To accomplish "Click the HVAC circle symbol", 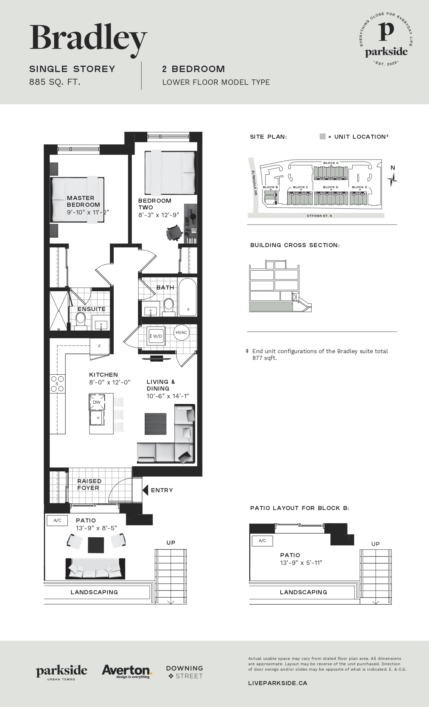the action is point(181,333).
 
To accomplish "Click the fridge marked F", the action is point(100,346).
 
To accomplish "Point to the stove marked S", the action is point(57,383).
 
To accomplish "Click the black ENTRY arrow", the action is point(145,490).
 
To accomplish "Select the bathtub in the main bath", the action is point(187,297).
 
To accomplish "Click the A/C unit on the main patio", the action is point(57,520).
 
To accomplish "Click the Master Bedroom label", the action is point(83,201).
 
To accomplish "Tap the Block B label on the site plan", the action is point(270,187).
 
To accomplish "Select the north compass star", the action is point(392,179).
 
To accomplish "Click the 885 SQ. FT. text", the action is point(55,82).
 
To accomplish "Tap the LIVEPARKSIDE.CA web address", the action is point(278,683).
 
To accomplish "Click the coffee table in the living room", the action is point(155,424).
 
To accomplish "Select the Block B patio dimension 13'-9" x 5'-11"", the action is point(301,563).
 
